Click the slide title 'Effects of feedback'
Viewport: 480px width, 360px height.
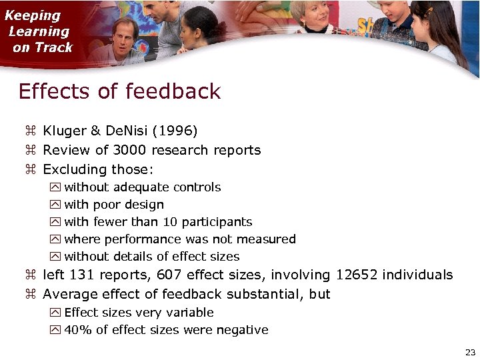pyautogui.click(x=119, y=91)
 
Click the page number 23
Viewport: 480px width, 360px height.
pyautogui.click(x=470, y=351)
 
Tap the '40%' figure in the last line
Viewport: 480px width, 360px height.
pyautogui.click(x=77, y=330)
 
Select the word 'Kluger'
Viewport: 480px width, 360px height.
pyautogui.click(x=63, y=131)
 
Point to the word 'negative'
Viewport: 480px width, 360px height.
pyautogui.click(x=243, y=330)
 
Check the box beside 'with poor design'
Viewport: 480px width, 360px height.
pyautogui.click(x=55, y=205)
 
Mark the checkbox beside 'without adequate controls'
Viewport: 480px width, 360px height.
pyautogui.click(x=55, y=187)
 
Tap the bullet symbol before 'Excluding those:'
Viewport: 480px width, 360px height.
pyautogui.click(x=29, y=169)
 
